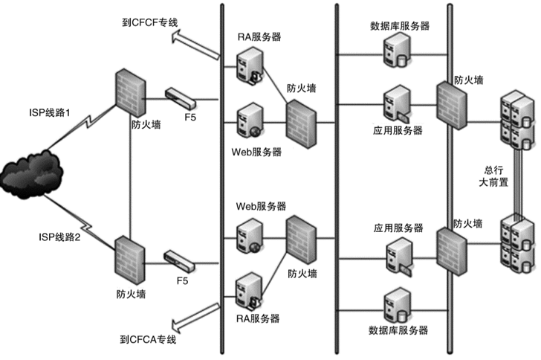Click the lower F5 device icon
(x=181, y=260)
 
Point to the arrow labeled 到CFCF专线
(x=198, y=44)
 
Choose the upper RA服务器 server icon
(x=247, y=64)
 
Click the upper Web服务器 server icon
(x=247, y=123)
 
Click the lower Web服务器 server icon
(x=247, y=234)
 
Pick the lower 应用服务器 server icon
(x=395, y=255)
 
